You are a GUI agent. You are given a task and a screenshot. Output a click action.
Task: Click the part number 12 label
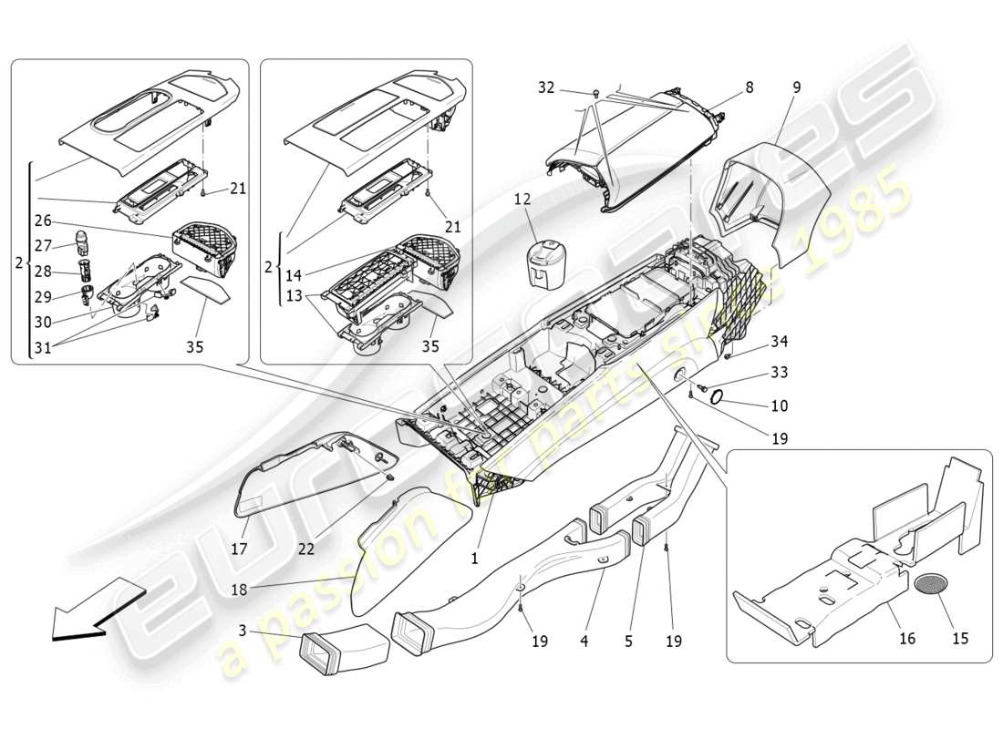(520, 199)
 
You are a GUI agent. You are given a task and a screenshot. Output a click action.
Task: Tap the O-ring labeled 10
(718, 396)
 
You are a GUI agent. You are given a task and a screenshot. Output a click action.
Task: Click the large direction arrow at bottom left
(91, 611)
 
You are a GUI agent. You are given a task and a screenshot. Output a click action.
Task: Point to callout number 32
(545, 87)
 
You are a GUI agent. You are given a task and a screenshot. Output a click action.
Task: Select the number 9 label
(796, 87)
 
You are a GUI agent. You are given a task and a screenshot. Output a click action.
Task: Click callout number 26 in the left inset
(43, 221)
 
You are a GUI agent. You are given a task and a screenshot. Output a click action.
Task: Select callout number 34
(778, 342)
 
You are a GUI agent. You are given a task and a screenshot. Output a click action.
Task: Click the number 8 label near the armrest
(749, 88)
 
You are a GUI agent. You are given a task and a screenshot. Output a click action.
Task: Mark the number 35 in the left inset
(194, 347)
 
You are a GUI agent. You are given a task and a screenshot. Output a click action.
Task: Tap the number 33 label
(778, 373)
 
